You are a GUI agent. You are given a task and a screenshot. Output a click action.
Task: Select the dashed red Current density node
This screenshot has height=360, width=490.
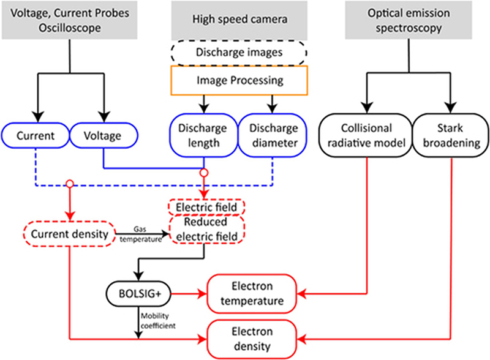[69, 233]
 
